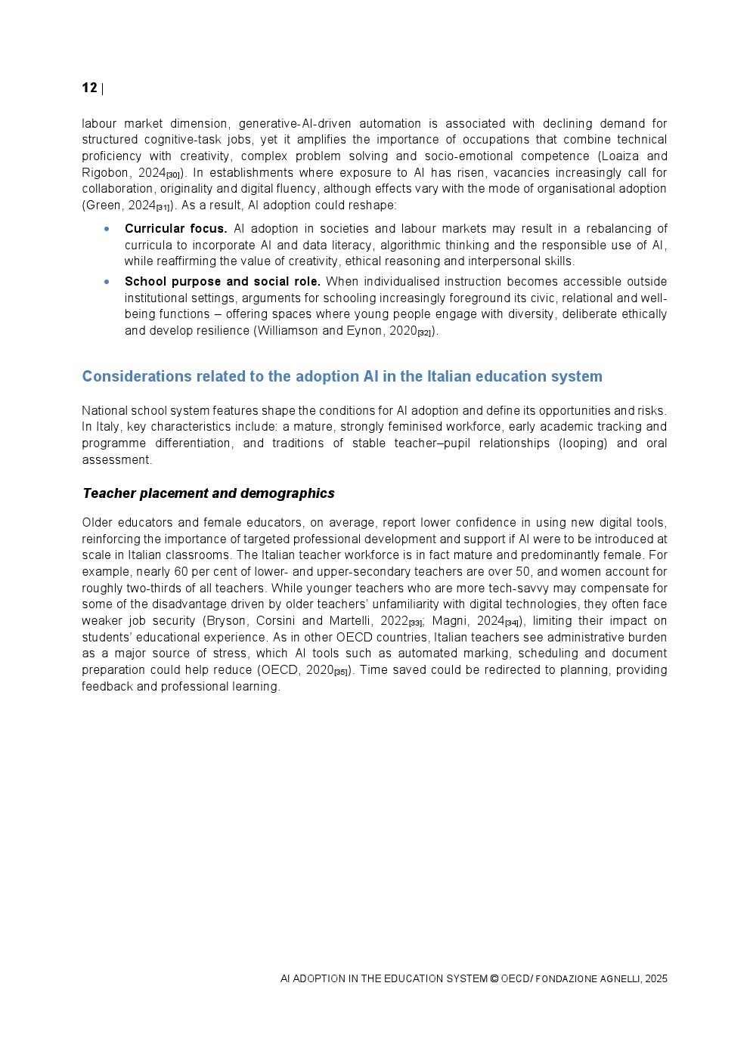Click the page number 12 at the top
pos(89,88)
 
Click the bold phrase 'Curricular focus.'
pos(175,228)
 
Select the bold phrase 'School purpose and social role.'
pos(222,281)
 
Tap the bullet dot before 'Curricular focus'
pos(107,228)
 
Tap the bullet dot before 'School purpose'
pos(107,281)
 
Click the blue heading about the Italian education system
pos(342,376)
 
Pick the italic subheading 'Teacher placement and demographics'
pos(208,493)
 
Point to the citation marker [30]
pos(173,175)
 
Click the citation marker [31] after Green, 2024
pos(163,208)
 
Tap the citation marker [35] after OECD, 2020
pos(341,672)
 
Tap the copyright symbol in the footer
pos(494,978)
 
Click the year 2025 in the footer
pos(656,978)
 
